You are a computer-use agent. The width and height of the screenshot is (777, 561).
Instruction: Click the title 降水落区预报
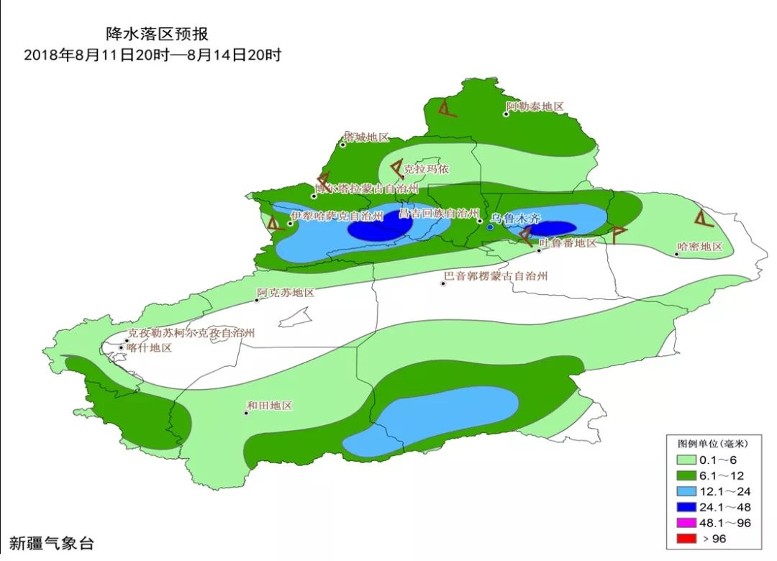pos(151,34)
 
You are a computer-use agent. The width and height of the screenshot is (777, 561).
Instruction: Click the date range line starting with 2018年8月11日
pos(152,55)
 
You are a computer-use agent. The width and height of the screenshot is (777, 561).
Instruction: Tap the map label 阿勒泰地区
pos(535,106)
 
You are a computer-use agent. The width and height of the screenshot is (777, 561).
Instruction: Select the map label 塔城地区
pos(366,137)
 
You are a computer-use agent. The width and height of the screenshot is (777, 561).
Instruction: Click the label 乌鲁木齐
pos(515,218)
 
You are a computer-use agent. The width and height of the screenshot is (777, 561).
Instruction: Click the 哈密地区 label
pos(699,247)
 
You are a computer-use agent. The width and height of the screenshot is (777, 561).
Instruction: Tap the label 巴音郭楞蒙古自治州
pos(496,276)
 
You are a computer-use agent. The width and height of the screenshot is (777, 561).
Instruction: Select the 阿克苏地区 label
pos(286,293)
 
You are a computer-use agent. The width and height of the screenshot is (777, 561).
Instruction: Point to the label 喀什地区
pos(149,347)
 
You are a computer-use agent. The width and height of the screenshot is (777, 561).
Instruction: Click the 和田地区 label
pos(269,406)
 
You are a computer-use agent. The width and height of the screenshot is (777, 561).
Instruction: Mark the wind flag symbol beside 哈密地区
pos(703,218)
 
